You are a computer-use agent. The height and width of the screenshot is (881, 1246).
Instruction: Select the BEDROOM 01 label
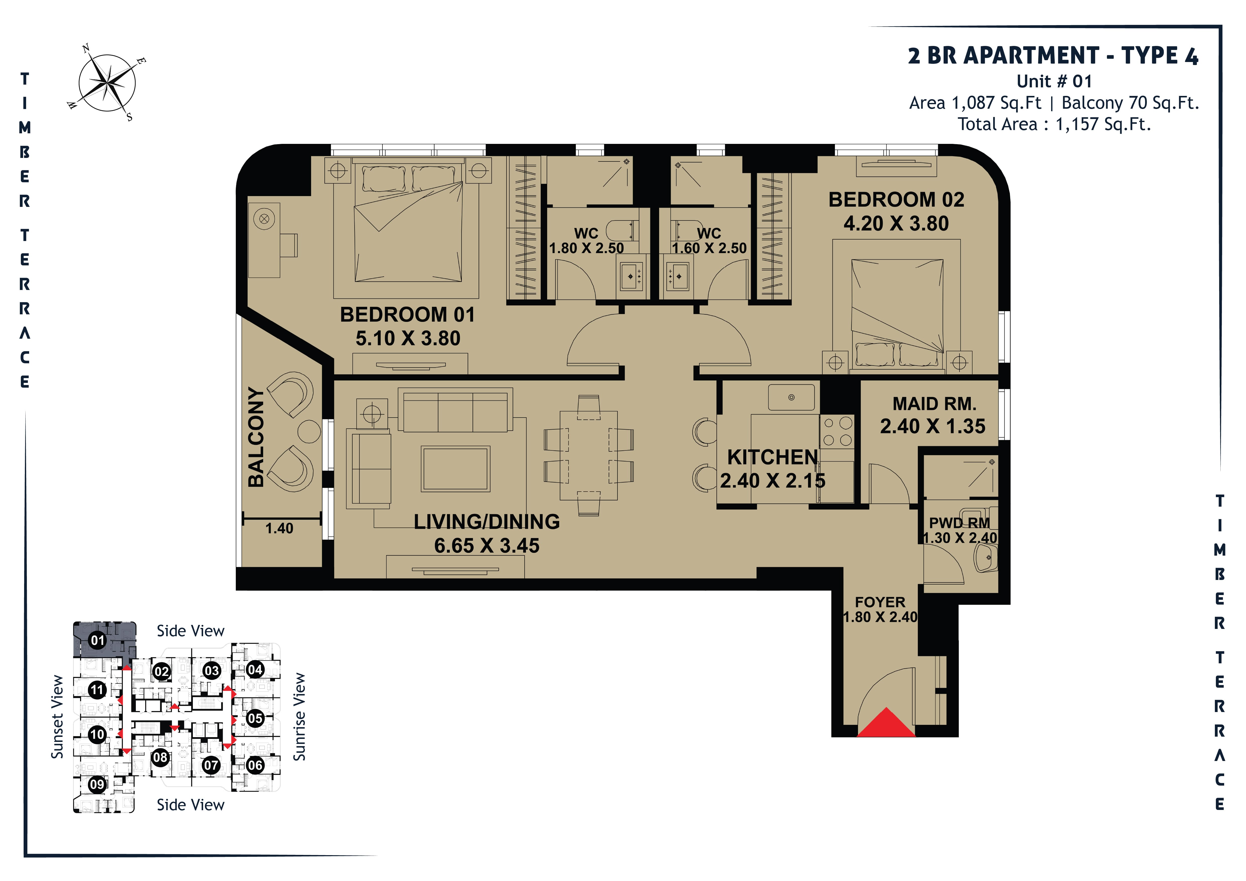pyautogui.click(x=408, y=315)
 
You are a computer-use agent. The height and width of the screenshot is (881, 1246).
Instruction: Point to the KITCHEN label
pyautogui.click(x=772, y=457)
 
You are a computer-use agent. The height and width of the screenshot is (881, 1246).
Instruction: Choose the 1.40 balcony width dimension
pyautogui.click(x=279, y=528)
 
